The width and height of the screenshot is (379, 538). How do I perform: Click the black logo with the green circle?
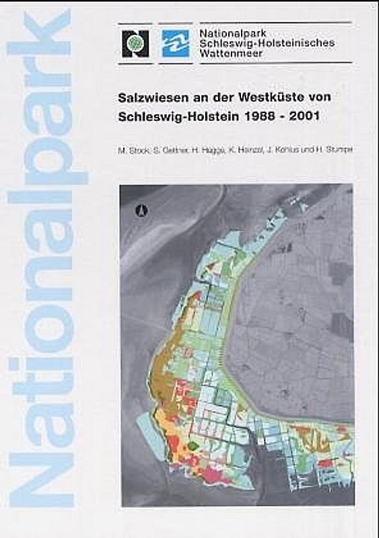[135, 43]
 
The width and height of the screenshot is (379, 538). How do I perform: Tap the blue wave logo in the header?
[176, 43]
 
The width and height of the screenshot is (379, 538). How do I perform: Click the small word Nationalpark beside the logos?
[227, 31]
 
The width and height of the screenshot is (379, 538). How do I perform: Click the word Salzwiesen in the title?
[147, 97]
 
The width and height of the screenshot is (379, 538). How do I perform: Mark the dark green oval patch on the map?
[194, 445]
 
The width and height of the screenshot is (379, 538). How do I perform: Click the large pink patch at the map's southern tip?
[214, 475]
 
